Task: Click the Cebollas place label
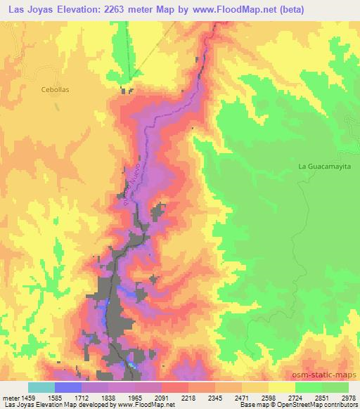tap(36, 90)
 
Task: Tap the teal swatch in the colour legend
tap(41, 387)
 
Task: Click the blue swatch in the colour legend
tap(68, 387)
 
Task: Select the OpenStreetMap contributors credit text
tap(310, 405)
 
